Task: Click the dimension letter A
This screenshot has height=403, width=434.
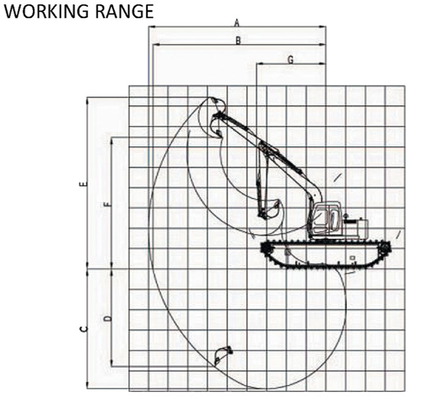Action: pyautogui.click(x=236, y=23)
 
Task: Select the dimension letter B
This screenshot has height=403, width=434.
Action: pyautogui.click(x=238, y=40)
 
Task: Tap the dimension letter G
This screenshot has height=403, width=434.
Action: pyautogui.click(x=291, y=59)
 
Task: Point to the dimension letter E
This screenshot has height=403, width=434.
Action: pyautogui.click(x=83, y=184)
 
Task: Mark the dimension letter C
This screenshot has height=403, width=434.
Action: pyautogui.click(x=84, y=329)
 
